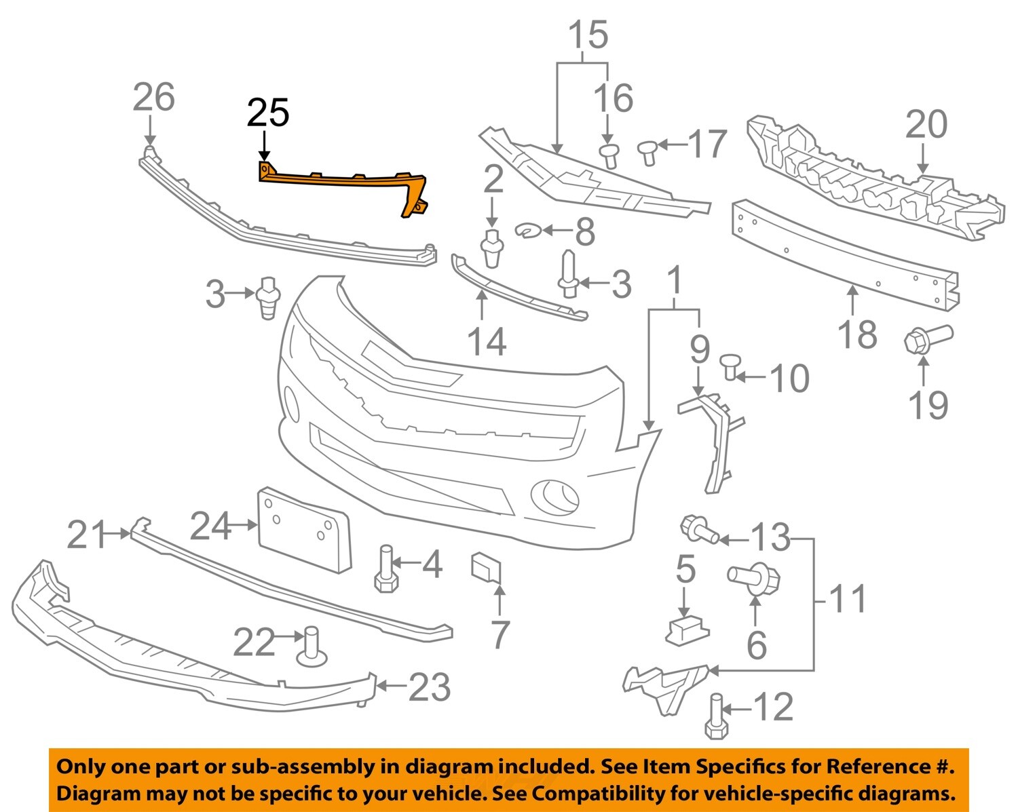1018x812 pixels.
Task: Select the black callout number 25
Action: point(268,113)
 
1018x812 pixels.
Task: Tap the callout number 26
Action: point(153,97)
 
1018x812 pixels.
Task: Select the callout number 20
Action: point(926,125)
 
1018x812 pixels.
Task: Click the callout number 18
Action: point(857,334)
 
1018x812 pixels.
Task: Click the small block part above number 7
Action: point(487,567)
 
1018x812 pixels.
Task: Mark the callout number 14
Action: point(487,341)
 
